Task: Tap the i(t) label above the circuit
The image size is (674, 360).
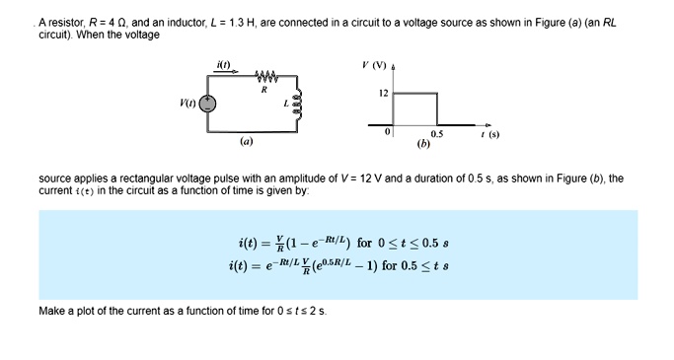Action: coord(223,65)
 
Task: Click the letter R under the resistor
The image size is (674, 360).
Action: coord(263,89)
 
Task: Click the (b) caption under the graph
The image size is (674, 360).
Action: coord(423,143)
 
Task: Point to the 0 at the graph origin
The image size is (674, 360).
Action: coord(388,131)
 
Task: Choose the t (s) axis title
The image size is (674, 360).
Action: coord(487,135)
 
